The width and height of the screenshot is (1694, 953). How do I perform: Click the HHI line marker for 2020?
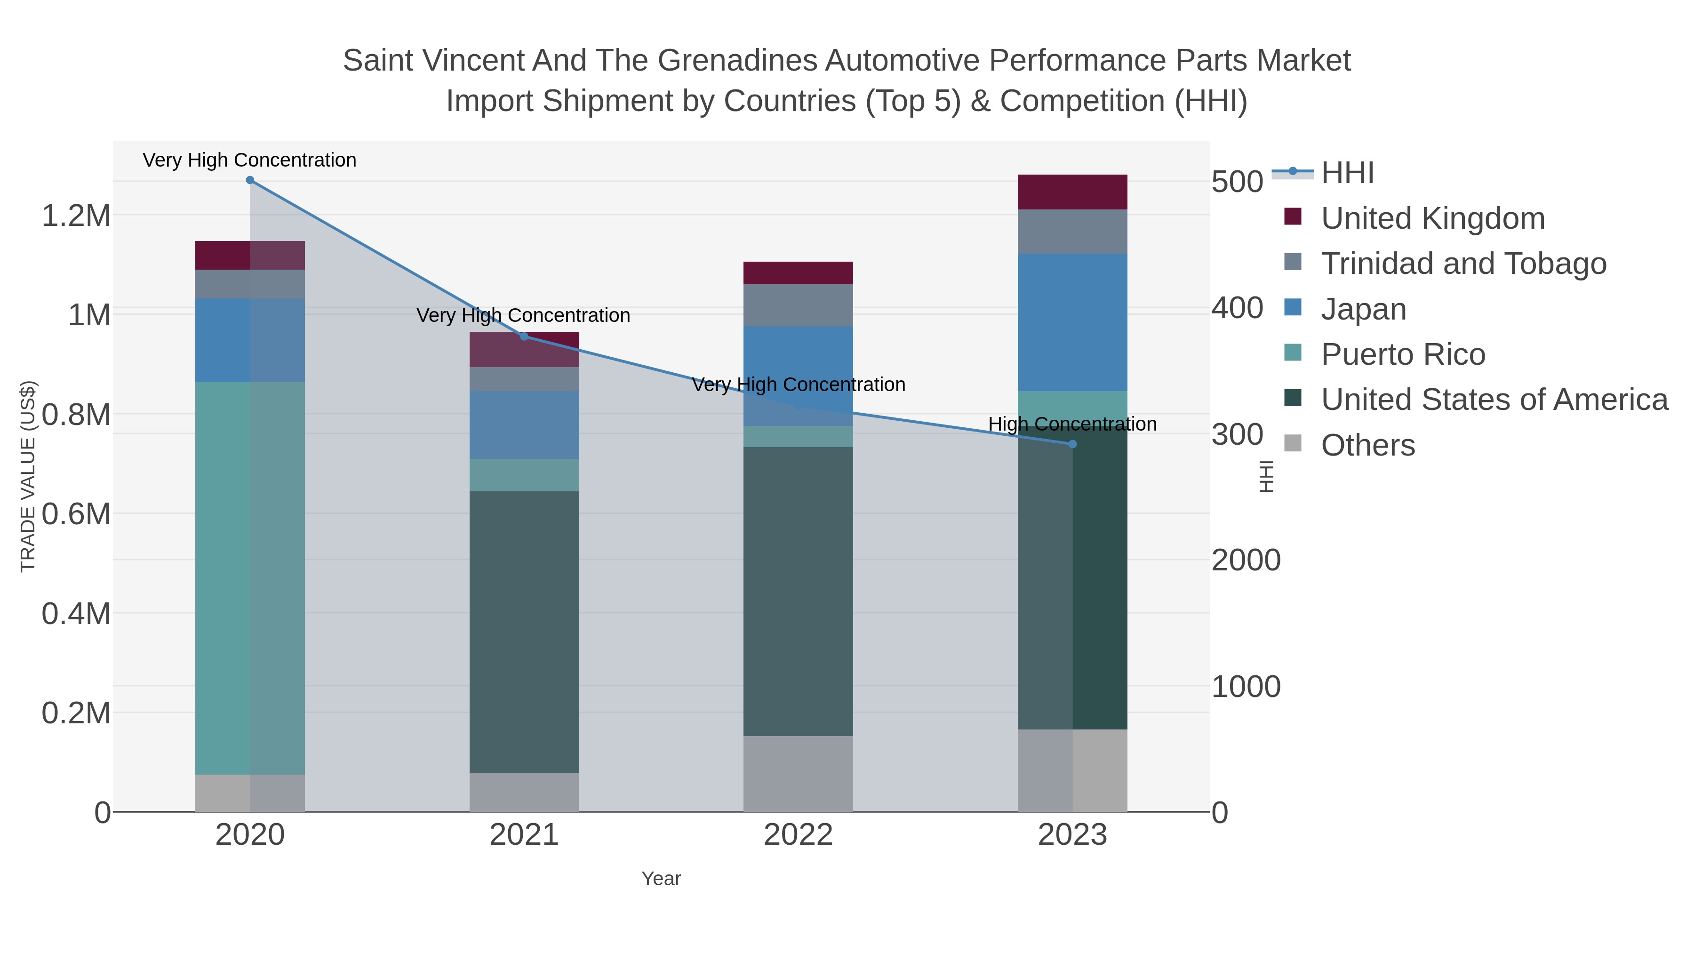250,180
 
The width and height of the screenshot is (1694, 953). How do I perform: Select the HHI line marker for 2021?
524,337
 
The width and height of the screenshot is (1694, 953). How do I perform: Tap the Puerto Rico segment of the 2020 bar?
250,579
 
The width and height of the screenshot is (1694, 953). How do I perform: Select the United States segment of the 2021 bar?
524,632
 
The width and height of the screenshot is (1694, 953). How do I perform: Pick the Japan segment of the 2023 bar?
1072,322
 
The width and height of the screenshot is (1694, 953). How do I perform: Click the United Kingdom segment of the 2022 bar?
799,273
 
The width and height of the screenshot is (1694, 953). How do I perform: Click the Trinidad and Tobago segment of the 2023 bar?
1072,232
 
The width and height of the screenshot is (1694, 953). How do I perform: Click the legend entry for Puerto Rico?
1403,354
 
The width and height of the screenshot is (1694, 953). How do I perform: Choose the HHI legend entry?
1347,173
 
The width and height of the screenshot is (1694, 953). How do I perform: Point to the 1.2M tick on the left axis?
76,216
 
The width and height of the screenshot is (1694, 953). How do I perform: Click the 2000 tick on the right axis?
1246,561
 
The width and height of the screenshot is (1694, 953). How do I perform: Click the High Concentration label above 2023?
1072,424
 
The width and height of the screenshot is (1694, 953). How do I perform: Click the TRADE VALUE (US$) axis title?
28,476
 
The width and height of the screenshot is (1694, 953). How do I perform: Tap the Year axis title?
661,879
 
